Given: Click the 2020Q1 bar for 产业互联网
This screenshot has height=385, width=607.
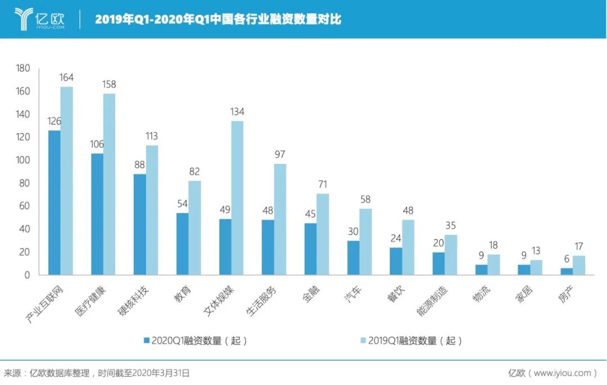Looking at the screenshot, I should coord(55,203).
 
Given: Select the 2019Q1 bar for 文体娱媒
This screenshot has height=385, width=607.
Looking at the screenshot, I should coord(237,198).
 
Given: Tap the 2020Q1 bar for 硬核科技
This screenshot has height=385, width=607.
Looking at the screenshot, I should coord(140,224).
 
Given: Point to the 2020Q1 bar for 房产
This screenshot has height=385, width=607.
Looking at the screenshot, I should coord(567,272).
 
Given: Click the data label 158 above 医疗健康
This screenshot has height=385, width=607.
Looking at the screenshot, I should coord(109,85).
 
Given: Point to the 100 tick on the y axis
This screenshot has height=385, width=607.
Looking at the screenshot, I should coord(22,161).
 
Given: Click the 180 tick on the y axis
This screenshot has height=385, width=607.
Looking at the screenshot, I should coord(22,68).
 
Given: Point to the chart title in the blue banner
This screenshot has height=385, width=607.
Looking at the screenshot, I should coord(218,20).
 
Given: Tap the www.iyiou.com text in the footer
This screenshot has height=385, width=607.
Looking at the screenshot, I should coord(561,373).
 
